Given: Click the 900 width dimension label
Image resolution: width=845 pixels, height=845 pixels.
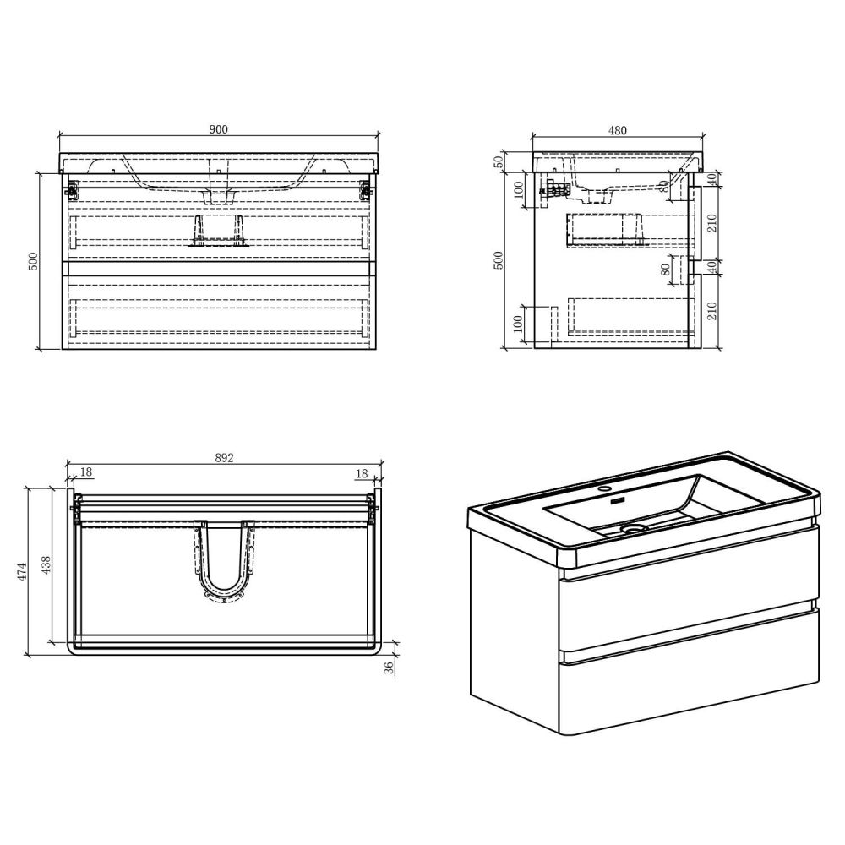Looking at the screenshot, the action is tap(218, 129).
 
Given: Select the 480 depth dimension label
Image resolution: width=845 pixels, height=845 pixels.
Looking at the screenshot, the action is tap(618, 130).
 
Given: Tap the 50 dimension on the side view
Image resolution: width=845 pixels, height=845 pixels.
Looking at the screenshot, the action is tap(498, 161).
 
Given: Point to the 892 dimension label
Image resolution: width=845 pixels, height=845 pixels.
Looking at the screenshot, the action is tap(224, 457).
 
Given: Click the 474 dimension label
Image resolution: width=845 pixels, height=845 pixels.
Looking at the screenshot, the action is tap(22, 571).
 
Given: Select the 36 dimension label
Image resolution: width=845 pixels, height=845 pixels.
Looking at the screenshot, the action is tap(389, 668).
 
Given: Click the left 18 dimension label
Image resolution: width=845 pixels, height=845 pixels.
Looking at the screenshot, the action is tap(86, 472).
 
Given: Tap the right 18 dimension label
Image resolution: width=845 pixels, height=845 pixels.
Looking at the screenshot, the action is tap(363, 473).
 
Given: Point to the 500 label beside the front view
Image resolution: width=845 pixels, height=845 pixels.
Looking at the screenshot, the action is tap(34, 261).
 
